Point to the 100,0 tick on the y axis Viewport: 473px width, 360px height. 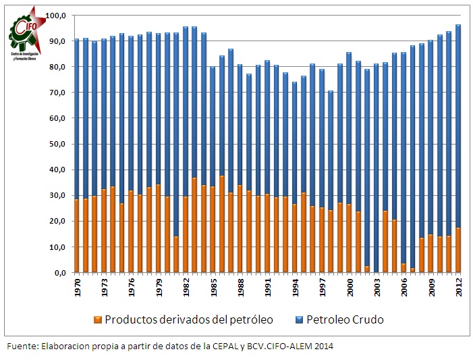click(x=57, y=16)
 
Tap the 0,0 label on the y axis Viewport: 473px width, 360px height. click(x=60, y=273)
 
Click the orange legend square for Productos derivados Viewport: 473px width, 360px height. click(x=98, y=319)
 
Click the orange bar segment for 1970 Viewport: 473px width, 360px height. click(x=76, y=236)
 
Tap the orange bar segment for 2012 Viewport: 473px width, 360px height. click(x=458, y=251)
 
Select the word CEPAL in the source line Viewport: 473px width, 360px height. click(x=223, y=346)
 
